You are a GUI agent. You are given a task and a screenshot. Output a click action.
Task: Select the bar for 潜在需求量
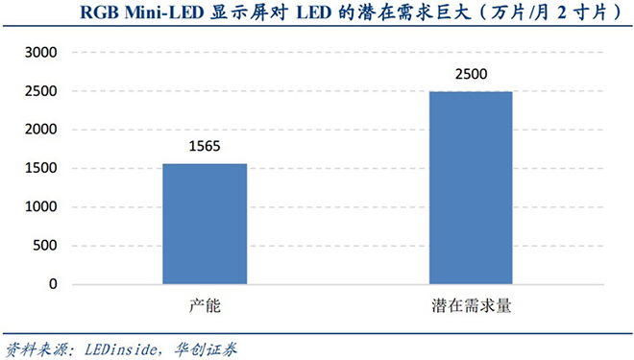point(470,188)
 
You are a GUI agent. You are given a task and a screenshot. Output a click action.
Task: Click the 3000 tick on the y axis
point(41,53)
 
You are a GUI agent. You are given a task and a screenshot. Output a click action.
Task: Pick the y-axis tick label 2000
point(41,130)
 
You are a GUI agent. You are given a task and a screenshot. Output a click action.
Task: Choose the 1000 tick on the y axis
point(41,207)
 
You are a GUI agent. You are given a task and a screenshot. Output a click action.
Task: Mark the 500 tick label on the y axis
point(45,246)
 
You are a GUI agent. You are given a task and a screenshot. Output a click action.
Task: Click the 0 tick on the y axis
point(54,285)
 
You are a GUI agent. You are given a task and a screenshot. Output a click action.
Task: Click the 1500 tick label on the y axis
point(41,169)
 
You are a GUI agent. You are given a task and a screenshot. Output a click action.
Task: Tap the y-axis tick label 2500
point(41,91)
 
